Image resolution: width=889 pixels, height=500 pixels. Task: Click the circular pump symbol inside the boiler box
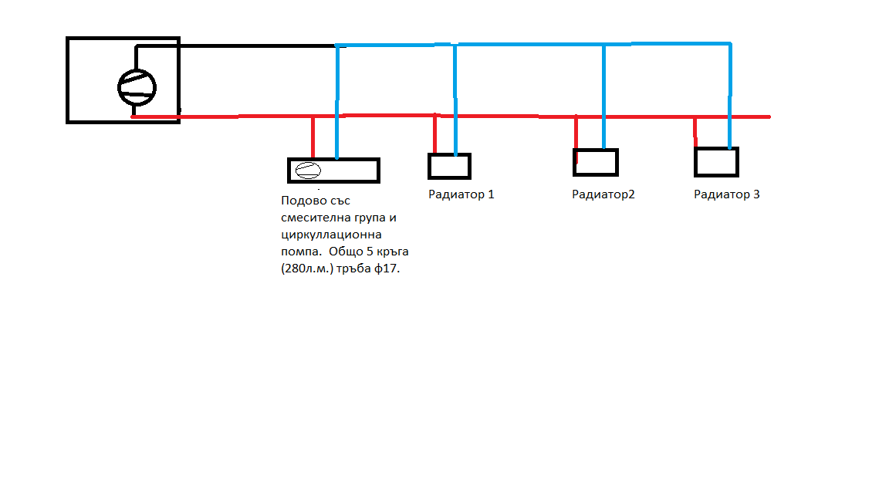pos(137,87)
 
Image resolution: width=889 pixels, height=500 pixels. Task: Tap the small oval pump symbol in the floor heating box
pos(307,171)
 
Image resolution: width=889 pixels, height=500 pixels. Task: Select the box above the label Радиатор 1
pos(449,166)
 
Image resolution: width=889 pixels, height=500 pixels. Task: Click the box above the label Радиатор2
pos(596,162)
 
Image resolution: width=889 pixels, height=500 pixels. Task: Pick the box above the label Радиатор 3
pos(716,162)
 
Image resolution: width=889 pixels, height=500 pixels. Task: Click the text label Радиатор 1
pos(461,194)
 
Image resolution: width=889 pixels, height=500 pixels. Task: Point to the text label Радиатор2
pos(603,194)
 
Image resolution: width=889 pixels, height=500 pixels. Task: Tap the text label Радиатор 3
pos(726,194)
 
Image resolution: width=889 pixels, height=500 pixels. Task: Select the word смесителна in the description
pos(313,218)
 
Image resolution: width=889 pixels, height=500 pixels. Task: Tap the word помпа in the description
pos(299,251)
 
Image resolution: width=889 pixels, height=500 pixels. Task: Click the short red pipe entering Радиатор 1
pos(435,135)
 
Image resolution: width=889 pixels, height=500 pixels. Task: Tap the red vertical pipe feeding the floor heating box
pos(313,137)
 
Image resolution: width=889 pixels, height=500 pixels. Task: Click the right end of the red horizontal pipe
pos(767,117)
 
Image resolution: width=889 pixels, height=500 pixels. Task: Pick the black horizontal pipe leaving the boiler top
pos(255,45)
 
